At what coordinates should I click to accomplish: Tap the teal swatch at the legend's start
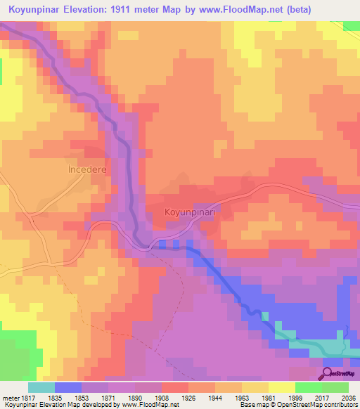pyautogui.click(x=41, y=387)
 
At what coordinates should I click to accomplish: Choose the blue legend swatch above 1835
pyautogui.click(x=67, y=387)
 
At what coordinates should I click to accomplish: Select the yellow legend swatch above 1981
pyautogui.click(x=281, y=387)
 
